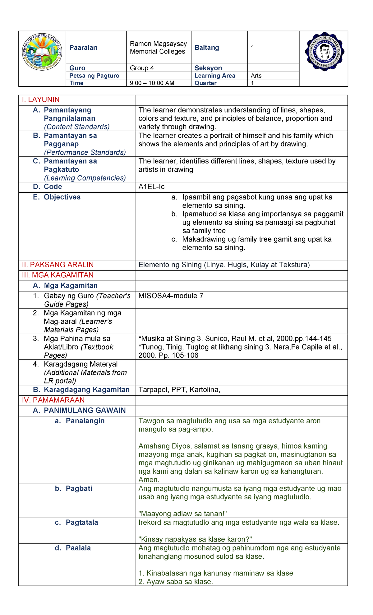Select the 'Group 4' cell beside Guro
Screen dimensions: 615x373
coord(142,68)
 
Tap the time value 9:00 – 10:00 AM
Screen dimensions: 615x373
coord(152,83)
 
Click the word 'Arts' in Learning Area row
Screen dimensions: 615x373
coord(256,76)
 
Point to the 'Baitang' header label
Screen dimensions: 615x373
coord(207,48)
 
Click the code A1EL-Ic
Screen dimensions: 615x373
coord(151,187)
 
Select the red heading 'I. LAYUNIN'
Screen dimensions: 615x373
coord(41,100)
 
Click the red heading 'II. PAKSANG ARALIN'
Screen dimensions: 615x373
coord(58,265)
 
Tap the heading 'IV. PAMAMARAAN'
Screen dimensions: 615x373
coord(53,400)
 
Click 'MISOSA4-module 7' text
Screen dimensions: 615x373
coord(171,296)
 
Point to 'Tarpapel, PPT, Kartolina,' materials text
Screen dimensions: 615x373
coord(179,390)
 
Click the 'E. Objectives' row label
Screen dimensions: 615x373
coord(57,197)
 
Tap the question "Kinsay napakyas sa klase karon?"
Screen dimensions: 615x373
coord(195,539)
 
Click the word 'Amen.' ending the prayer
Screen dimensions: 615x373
coord(149,480)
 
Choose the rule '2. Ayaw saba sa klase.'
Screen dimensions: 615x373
coord(176,582)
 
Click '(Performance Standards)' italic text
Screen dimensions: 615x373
coord(85,153)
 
